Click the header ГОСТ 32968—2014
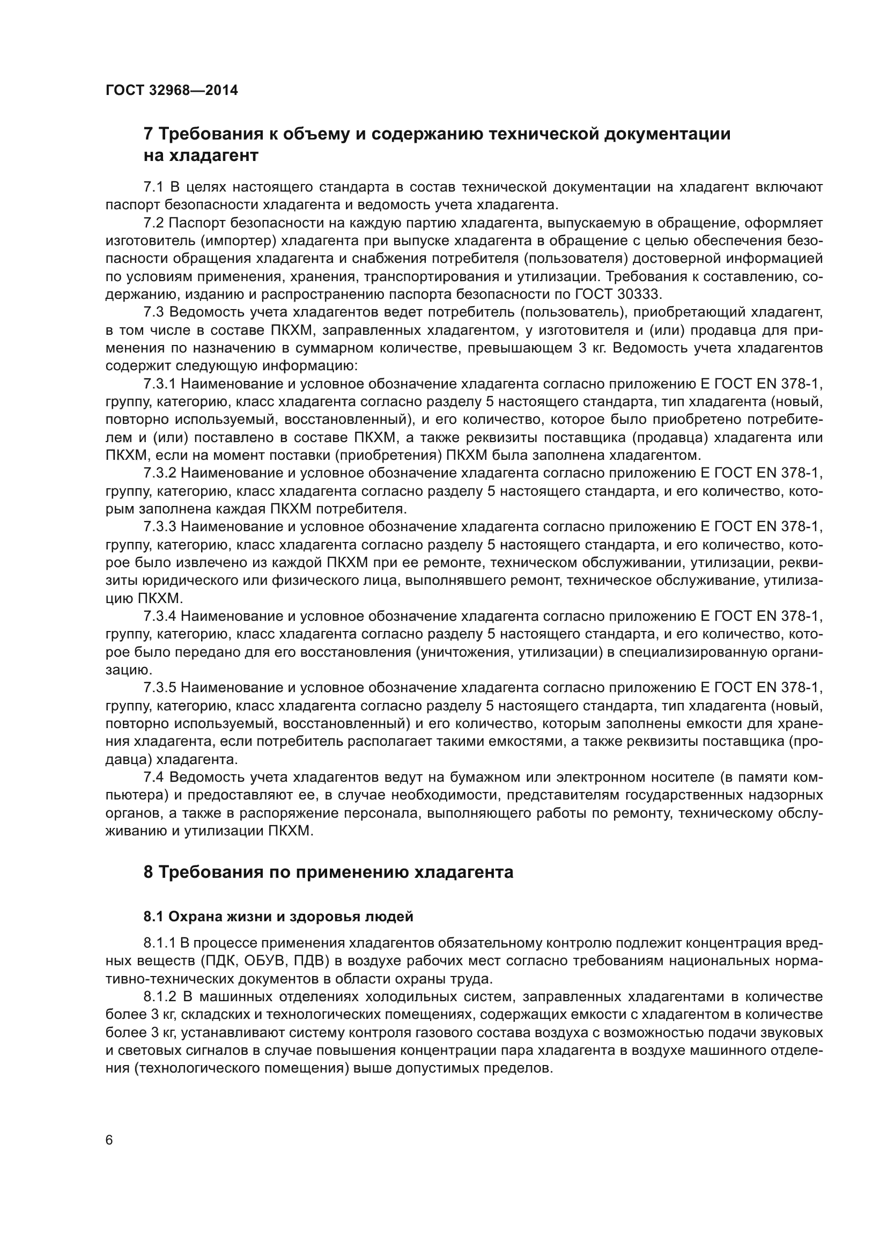(x=172, y=91)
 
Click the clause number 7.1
(x=153, y=187)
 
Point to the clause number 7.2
(x=153, y=223)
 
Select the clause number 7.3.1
(x=159, y=384)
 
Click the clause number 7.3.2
(x=159, y=473)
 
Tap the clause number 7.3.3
(x=159, y=527)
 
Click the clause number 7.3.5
(x=159, y=688)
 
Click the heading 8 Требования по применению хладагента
(x=328, y=872)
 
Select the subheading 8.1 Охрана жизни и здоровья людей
(x=278, y=917)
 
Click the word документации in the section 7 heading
(x=667, y=134)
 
